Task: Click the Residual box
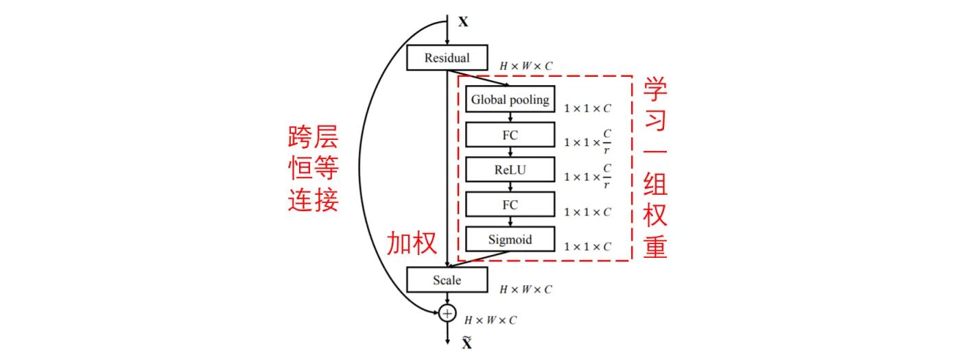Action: pyautogui.click(x=447, y=58)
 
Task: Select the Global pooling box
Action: pyautogui.click(x=510, y=99)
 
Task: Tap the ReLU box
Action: pyautogui.click(x=510, y=169)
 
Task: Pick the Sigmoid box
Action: pyautogui.click(x=510, y=239)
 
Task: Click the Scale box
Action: pyautogui.click(x=447, y=280)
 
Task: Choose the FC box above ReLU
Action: pyautogui.click(x=510, y=134)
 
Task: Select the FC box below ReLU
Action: pyautogui.click(x=510, y=204)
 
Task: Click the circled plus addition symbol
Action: pyautogui.click(x=447, y=313)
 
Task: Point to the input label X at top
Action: pyautogui.click(x=463, y=22)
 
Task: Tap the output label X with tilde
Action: pyautogui.click(x=466, y=343)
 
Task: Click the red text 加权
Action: pyautogui.click(x=412, y=243)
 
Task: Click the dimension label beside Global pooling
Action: pyautogui.click(x=587, y=108)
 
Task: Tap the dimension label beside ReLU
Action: pyautogui.click(x=587, y=176)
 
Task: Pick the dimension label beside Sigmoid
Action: pyautogui.click(x=587, y=247)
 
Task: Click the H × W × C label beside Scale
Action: pyautogui.click(x=525, y=290)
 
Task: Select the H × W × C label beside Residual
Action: pyautogui.click(x=525, y=67)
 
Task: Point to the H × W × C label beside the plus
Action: pyautogui.click(x=491, y=320)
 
